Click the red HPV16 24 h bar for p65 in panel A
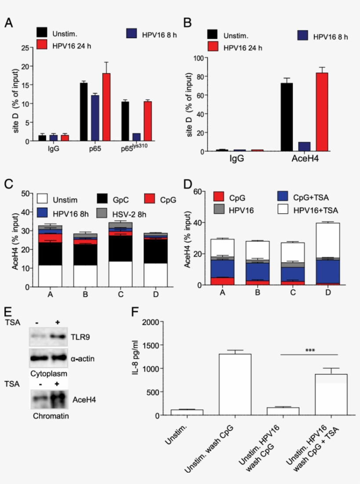coord(106,107)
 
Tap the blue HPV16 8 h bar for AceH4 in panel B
coord(304,147)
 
